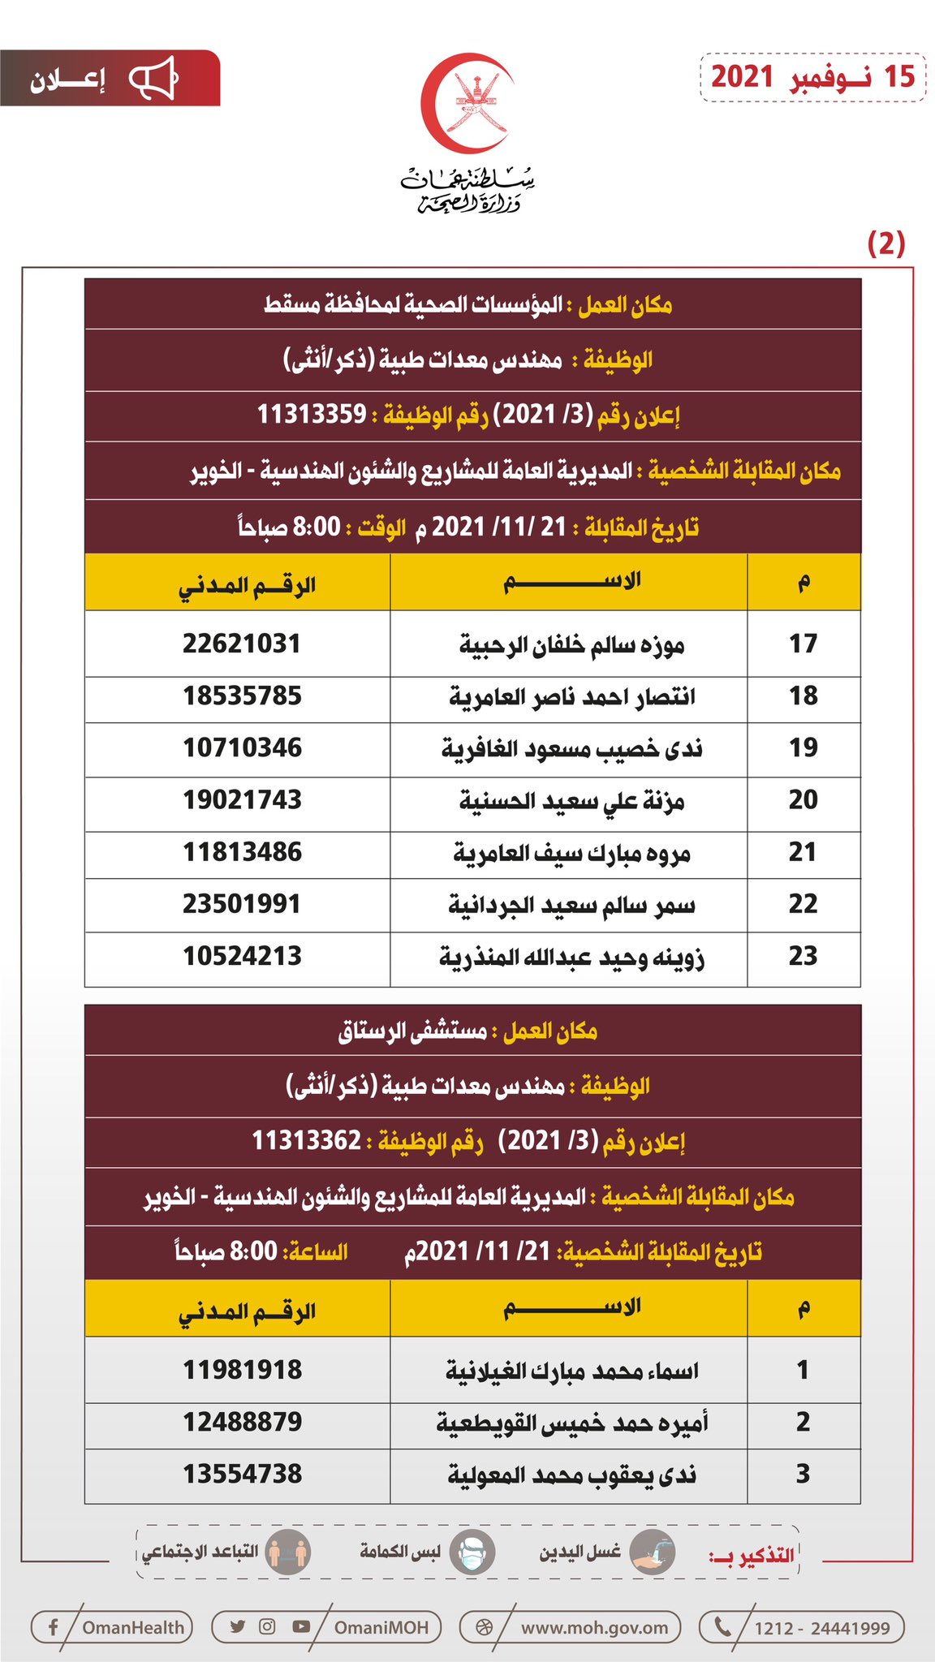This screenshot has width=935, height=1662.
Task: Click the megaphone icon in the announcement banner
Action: point(153,80)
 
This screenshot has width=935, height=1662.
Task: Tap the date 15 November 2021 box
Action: point(812,77)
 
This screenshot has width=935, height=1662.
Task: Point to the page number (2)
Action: point(885,243)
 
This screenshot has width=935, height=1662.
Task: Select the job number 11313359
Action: point(312,415)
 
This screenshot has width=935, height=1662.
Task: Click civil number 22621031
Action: point(242,644)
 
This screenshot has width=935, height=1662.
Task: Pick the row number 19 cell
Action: point(803,748)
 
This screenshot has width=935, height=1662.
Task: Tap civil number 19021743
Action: point(242,800)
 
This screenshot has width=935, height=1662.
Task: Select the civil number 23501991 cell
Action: point(242,904)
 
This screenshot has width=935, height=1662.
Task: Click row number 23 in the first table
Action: point(803,956)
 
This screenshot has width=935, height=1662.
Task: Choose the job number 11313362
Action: point(306,1140)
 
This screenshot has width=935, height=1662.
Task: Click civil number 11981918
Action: point(242,1370)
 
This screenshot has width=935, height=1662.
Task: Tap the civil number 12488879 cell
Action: point(242,1422)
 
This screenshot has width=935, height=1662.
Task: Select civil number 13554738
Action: point(242,1474)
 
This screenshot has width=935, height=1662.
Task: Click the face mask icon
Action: point(472,1552)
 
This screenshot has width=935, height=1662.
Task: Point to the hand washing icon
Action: point(652,1552)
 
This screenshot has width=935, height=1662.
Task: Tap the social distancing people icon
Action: point(288,1552)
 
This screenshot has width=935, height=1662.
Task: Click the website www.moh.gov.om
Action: point(594,1627)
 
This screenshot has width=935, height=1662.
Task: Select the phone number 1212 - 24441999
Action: point(821,1627)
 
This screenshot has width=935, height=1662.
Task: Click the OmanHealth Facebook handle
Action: point(133,1627)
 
